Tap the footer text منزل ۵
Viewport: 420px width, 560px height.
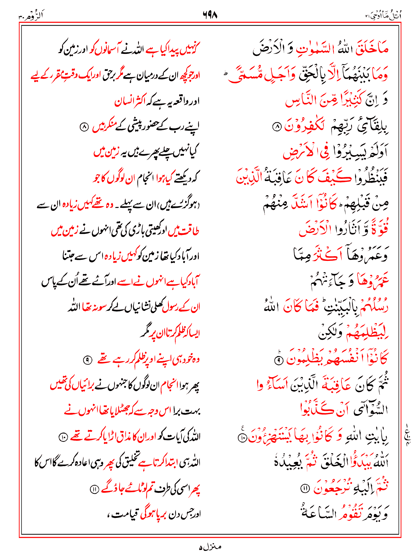coord(210,547)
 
